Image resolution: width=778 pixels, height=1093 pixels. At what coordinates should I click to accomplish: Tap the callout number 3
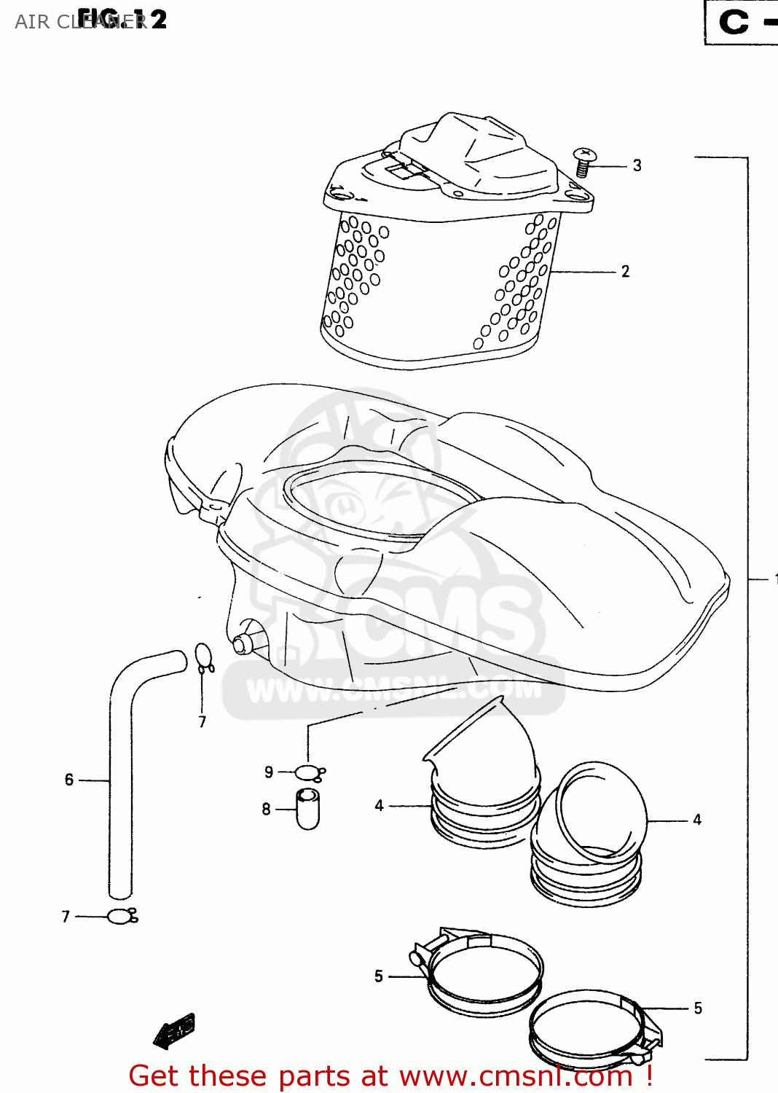[x=637, y=165]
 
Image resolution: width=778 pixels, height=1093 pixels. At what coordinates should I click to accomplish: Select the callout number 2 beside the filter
[x=625, y=271]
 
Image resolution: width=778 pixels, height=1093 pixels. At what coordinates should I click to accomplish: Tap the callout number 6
[x=69, y=780]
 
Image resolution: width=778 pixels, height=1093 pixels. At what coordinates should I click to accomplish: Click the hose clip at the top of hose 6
[x=203, y=658]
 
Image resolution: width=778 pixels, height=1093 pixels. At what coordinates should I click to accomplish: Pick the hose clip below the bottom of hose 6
[x=121, y=917]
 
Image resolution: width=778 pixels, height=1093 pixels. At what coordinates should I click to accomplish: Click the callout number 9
[x=269, y=772]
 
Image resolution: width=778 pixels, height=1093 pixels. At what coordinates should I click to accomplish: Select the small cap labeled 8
[x=307, y=809]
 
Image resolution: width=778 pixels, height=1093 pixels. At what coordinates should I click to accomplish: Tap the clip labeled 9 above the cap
[x=309, y=772]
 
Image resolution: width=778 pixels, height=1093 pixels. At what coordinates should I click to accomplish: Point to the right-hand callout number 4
[x=697, y=820]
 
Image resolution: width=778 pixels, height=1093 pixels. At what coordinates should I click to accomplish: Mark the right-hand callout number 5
[x=698, y=1008]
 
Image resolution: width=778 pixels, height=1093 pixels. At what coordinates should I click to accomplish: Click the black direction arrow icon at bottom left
[x=175, y=1030]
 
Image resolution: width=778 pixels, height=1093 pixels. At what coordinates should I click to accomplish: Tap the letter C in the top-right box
[x=734, y=22]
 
